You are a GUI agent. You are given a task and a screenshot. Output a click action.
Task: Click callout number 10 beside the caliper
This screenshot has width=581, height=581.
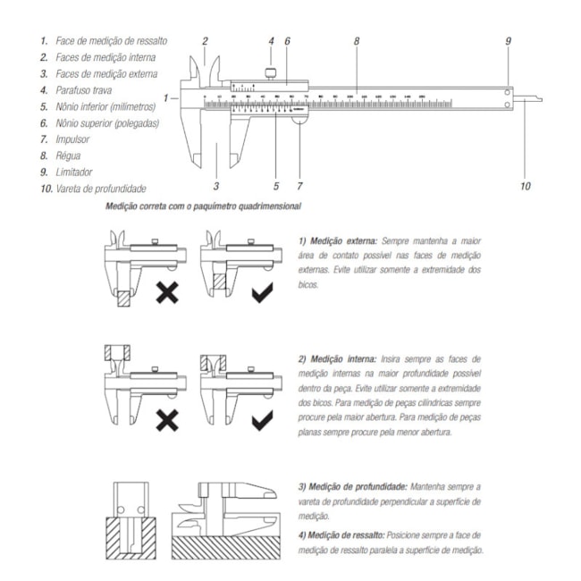coord(525,186)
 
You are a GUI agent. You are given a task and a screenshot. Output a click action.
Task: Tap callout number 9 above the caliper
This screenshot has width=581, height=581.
coord(508,42)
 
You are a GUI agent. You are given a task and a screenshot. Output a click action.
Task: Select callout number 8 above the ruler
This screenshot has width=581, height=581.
coord(357,41)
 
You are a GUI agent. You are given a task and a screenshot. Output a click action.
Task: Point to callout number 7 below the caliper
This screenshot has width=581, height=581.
coord(299,186)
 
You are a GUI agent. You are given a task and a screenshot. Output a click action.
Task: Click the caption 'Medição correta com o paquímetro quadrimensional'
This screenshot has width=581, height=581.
coord(202,206)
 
